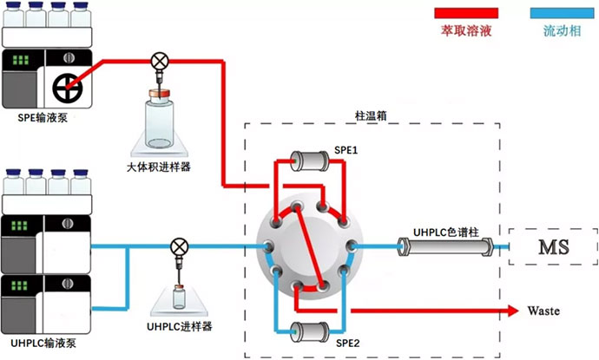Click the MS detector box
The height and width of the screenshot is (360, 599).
click(x=553, y=247)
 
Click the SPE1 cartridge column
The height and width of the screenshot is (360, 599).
click(x=310, y=160)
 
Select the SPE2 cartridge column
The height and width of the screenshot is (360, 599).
click(x=309, y=330)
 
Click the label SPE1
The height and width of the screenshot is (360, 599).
click(x=347, y=150)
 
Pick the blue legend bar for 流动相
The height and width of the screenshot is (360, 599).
click(x=563, y=12)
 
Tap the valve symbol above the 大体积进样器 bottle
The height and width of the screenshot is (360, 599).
click(x=160, y=61)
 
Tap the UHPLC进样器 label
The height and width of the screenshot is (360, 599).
click(x=180, y=325)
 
